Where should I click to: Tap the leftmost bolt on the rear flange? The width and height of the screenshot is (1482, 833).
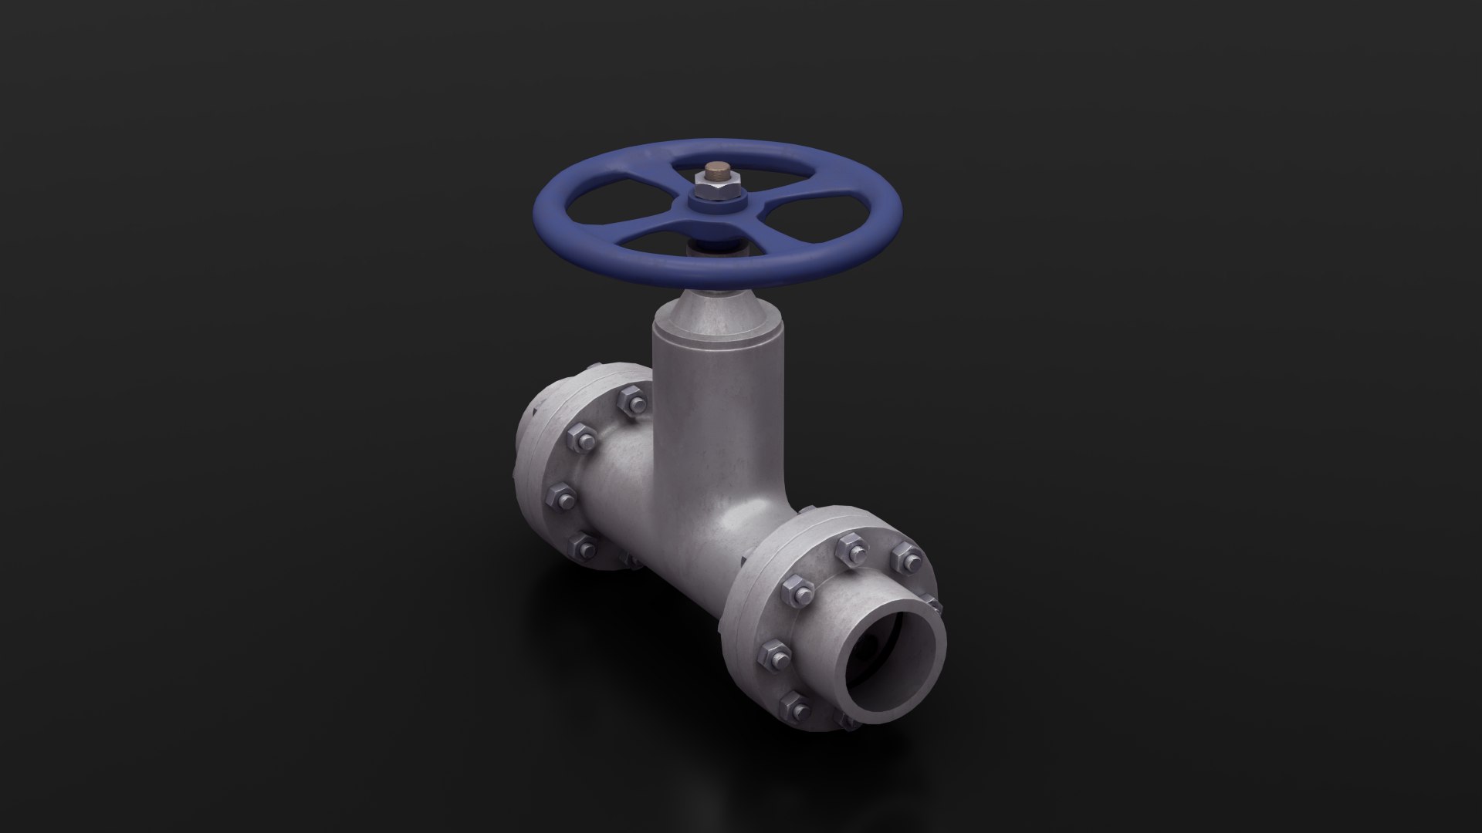pyautogui.click(x=562, y=497)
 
